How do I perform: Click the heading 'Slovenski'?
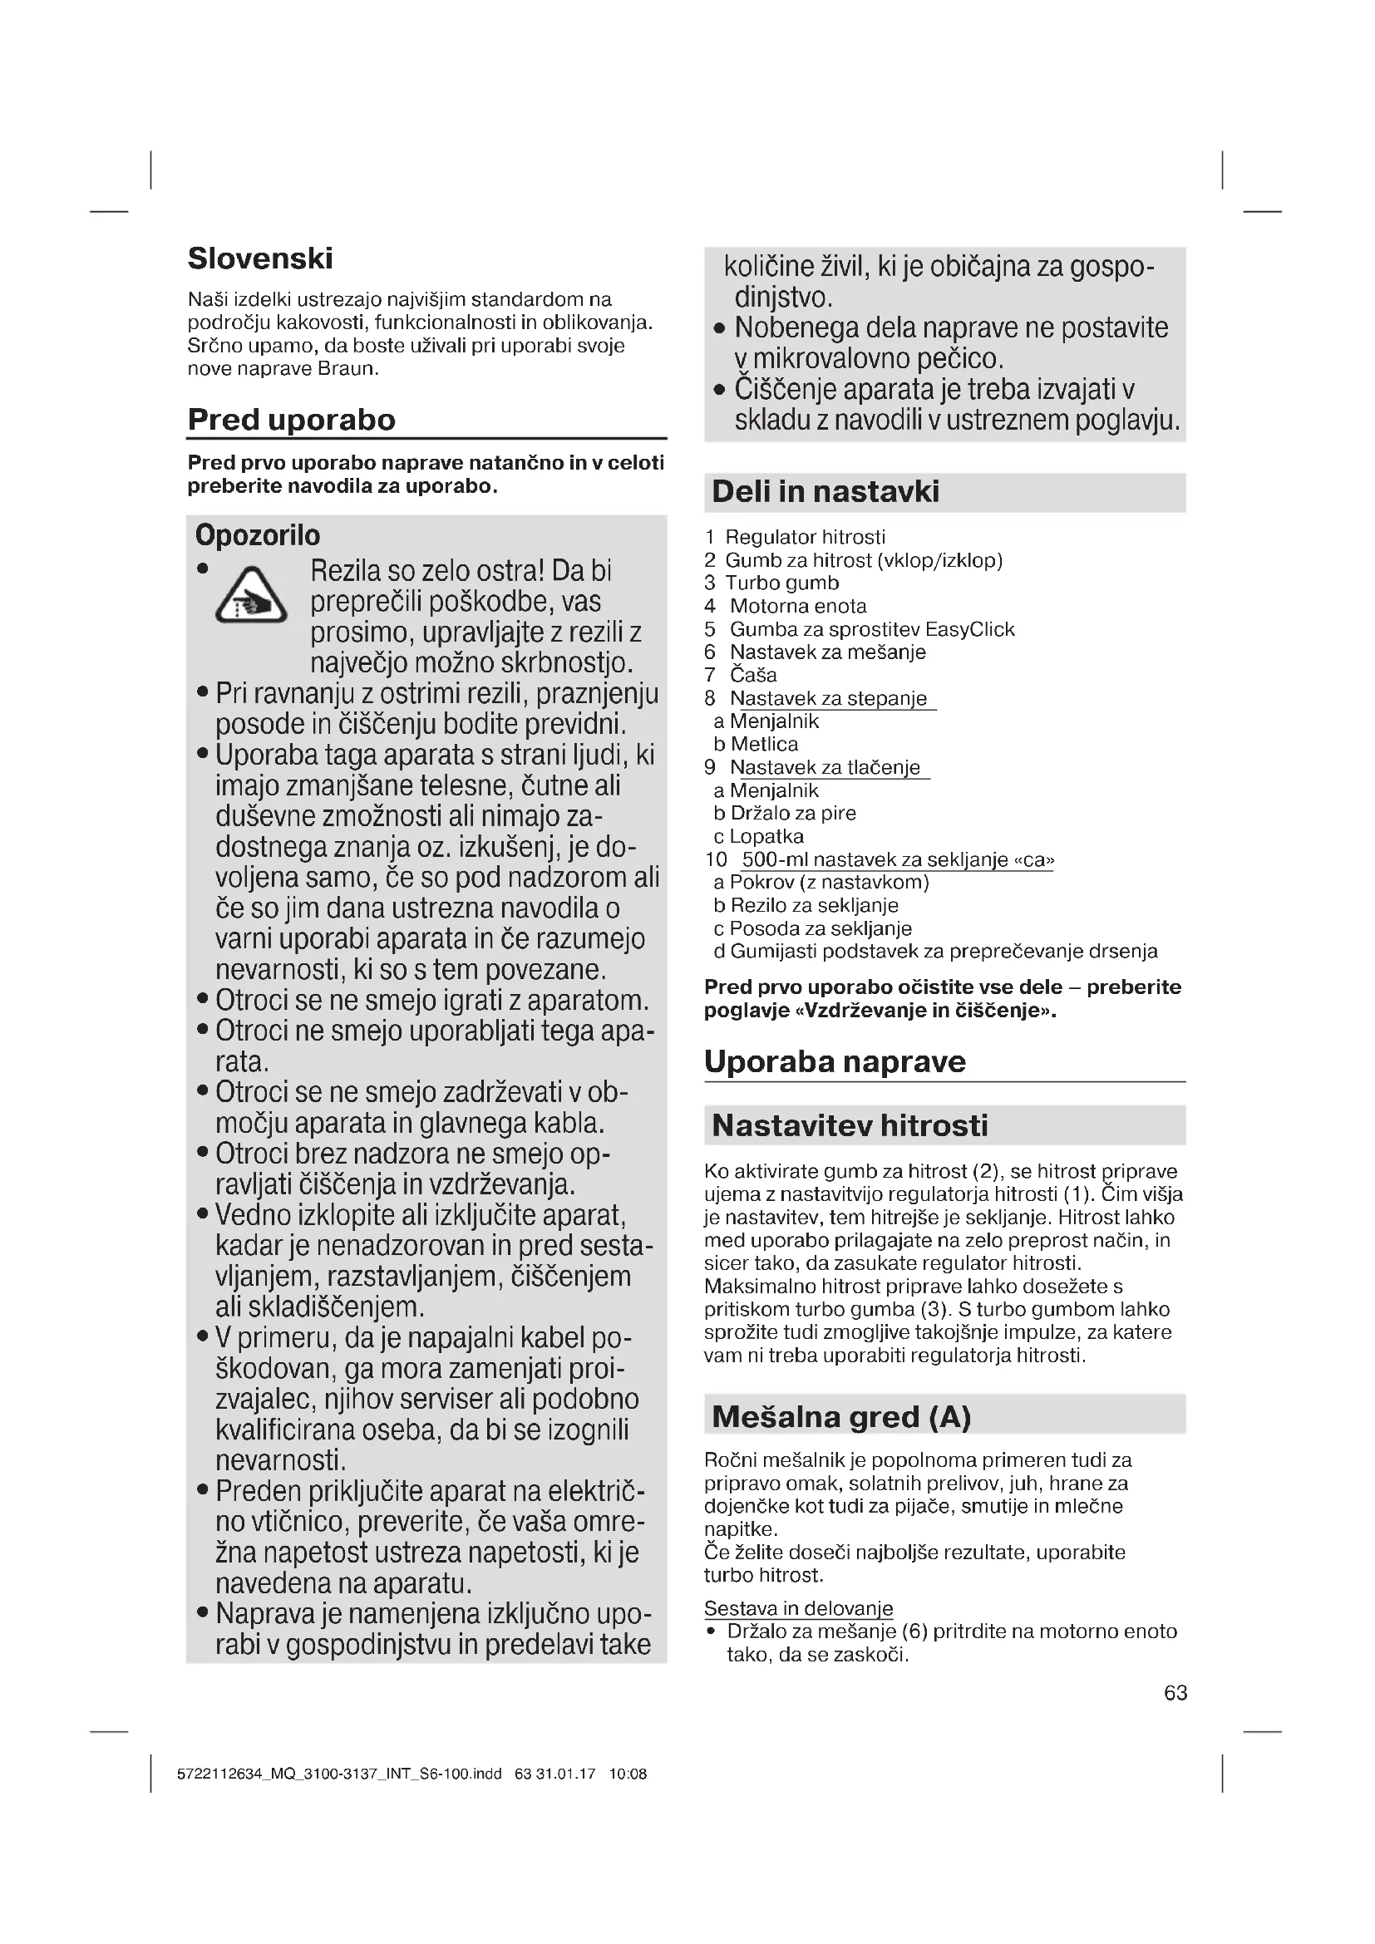coord(260,258)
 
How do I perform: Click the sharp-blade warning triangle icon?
coord(250,596)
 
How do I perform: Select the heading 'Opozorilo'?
coord(258,535)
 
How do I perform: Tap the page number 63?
coord(1175,1692)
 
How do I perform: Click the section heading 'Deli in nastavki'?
coord(825,492)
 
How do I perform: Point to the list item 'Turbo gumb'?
coord(781,583)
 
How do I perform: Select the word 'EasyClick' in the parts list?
coord(969,629)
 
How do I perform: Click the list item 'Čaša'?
coord(752,675)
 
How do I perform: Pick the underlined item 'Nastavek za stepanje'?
coord(828,698)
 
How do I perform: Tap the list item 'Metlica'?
coord(764,744)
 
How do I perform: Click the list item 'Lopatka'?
coord(766,837)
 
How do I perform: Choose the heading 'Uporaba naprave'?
coord(835,1061)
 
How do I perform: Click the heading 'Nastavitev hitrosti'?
coord(850,1125)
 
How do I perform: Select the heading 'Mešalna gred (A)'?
coord(841,1416)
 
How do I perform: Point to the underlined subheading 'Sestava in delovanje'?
coord(798,1608)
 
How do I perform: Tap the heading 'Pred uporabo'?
coord(291,420)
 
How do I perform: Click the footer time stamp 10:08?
coord(628,1774)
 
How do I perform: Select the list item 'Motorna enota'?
coord(797,606)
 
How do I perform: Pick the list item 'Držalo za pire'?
coord(792,814)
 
